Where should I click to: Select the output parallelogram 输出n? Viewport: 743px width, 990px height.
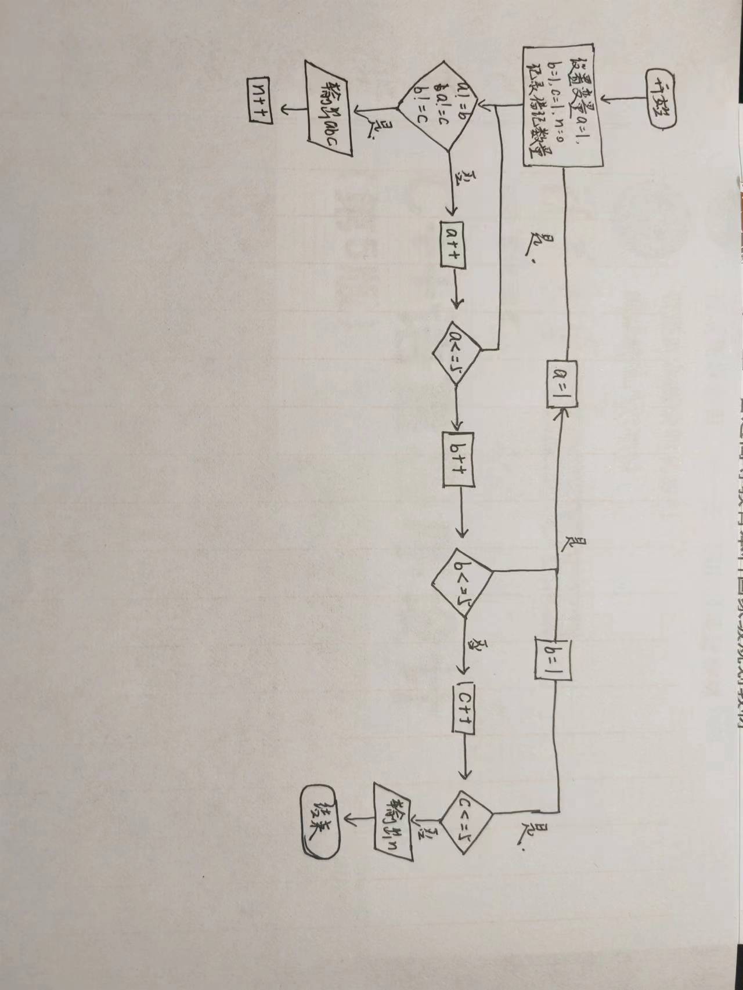coord(392,821)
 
